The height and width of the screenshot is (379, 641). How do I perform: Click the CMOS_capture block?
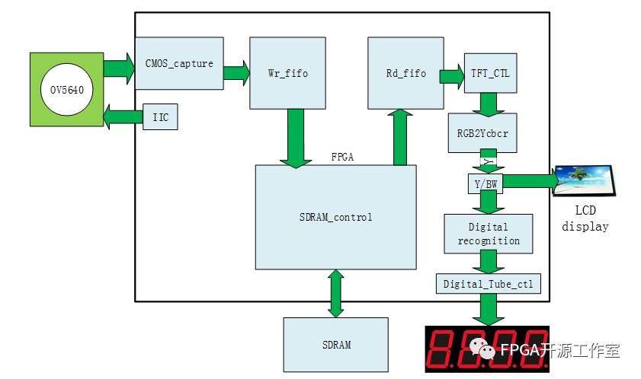(179, 64)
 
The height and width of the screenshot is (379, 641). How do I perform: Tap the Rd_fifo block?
(405, 73)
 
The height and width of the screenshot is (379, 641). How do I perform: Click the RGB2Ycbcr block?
(482, 132)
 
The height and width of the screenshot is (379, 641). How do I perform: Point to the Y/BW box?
(484, 183)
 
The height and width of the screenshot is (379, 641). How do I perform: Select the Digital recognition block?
(488, 234)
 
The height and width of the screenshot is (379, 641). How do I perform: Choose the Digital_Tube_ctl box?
(488, 285)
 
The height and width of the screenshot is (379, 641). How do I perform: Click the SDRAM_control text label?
(335, 217)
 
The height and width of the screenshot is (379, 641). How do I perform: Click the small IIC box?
(160, 117)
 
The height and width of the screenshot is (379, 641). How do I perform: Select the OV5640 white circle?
(66, 90)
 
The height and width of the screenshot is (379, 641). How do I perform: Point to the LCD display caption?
(585, 218)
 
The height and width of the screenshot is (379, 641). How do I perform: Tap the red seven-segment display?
(488, 350)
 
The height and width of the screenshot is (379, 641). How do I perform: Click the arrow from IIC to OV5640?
(122, 117)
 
